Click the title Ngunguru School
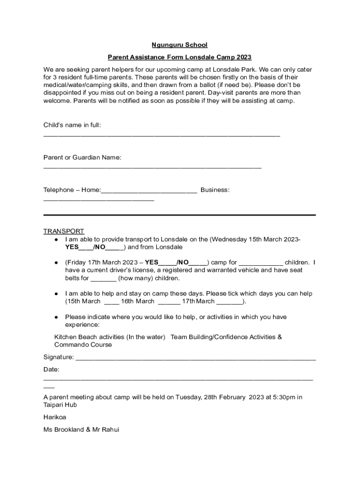point(180,45)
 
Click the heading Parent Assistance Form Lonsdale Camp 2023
point(180,58)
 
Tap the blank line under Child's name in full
point(161,135)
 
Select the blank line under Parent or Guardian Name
point(152,167)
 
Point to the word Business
point(215,190)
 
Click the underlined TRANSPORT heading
point(64,231)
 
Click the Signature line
point(195,359)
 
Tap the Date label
point(51,370)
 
